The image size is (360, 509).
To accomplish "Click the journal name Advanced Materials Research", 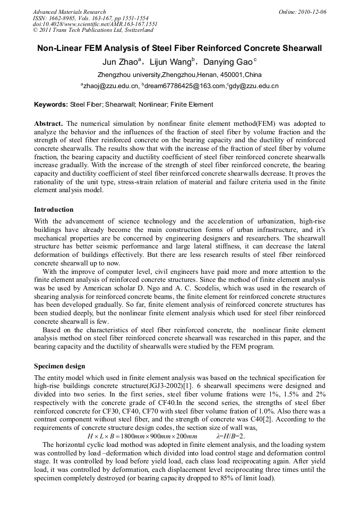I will point(70,12).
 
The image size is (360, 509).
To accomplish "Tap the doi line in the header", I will point(95,24).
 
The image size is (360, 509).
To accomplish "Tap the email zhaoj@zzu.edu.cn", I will point(111,86).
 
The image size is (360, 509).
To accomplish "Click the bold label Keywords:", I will point(51,105).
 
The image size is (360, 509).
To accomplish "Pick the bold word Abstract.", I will point(49,124).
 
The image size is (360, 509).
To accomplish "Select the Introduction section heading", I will point(54,210).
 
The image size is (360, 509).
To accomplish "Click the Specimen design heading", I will point(59,366).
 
